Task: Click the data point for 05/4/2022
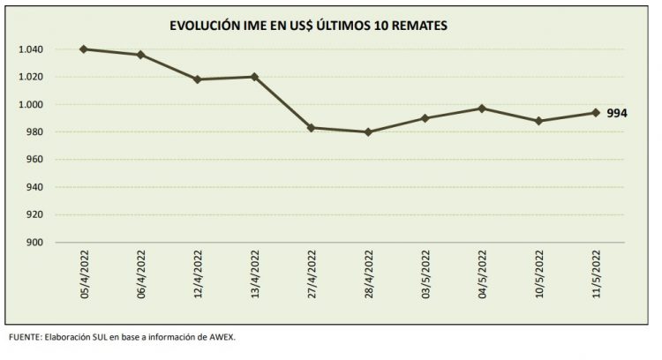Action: [83, 49]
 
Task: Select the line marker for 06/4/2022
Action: [139, 55]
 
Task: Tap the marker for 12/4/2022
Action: [197, 79]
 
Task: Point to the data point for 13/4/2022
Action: [254, 77]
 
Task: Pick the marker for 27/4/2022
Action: [311, 128]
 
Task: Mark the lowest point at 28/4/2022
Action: [368, 132]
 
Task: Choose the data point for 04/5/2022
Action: [482, 109]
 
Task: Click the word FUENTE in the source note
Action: [24, 337]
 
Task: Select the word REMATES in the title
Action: [418, 26]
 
